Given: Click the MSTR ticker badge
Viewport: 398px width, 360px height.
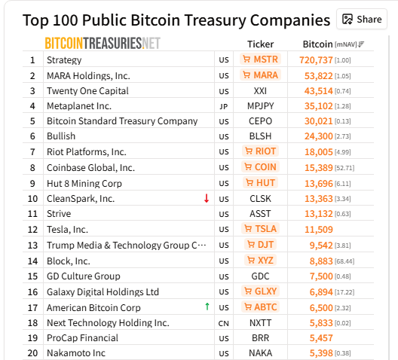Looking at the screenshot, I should coord(260,59).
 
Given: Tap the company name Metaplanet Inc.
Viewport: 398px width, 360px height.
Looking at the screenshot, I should coord(79,106).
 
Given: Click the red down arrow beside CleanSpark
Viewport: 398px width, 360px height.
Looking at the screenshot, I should coord(206,198).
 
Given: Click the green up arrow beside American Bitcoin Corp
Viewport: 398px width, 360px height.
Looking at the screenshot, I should coord(206,307).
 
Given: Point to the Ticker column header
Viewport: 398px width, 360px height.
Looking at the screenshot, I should coord(261,44).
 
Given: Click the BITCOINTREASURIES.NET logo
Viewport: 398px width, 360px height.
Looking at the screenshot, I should coord(103,43).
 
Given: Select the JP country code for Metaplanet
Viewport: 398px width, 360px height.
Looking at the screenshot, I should coord(223,106).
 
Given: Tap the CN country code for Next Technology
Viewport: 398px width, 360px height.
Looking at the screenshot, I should coord(223,322).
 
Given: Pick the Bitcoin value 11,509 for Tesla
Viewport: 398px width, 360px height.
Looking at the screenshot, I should coord(329,229).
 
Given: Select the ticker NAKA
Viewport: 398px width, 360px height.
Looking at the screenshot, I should coord(261,352).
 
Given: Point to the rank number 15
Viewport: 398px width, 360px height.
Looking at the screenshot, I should coord(32,276).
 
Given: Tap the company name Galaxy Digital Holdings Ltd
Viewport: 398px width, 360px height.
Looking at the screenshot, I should coord(103,291).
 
